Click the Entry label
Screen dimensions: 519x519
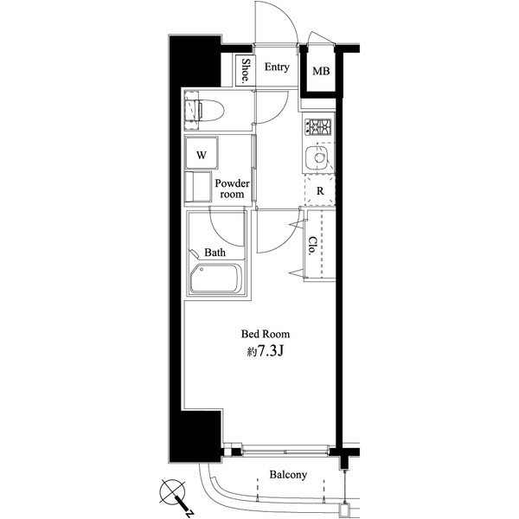tap(277, 67)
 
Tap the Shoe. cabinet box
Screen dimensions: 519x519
tap(245, 70)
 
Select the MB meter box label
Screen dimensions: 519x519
tap(321, 71)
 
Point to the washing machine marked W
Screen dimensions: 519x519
tap(202, 153)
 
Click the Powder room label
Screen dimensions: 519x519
tap(232, 189)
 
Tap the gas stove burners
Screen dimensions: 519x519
tap(318, 126)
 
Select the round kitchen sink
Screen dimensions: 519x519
tap(317, 157)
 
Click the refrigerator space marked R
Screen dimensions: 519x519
tap(320, 191)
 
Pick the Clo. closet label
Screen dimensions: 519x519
tap(312, 246)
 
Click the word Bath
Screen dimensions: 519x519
tap(215, 253)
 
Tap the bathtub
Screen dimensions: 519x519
tap(215, 278)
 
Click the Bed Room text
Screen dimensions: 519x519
tap(266, 334)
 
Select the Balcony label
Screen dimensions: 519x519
tap(288, 475)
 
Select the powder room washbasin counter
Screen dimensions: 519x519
tap(198, 187)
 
